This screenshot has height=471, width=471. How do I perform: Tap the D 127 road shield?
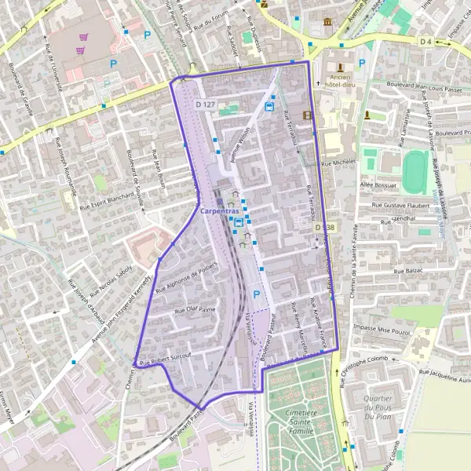coord(206,104)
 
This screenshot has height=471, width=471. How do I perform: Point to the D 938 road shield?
coord(325,227)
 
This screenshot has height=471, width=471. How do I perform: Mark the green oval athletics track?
coord(415,171)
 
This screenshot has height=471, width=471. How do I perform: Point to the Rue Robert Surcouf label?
coord(166,357)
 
